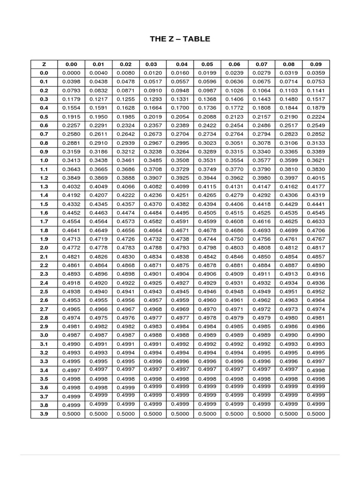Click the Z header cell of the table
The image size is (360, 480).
tap(44, 64)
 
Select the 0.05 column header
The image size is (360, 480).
tap(207, 64)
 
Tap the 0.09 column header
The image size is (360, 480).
tap(316, 64)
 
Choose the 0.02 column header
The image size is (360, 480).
tap(126, 64)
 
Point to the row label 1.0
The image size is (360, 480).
tap(44, 160)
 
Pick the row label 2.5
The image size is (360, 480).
tap(44, 292)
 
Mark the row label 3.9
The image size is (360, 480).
tap(44, 414)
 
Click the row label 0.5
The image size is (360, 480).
tap(44, 117)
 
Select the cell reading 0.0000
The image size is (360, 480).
tap(71, 73)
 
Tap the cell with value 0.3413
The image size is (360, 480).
tap(71, 160)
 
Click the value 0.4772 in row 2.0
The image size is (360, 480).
tap(71, 247)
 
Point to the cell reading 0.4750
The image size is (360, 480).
tap(234, 239)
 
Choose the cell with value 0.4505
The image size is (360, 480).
tap(207, 213)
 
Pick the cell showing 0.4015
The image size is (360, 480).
tap(316, 178)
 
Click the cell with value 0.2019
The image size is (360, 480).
tap(153, 117)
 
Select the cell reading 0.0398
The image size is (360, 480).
tap(71, 82)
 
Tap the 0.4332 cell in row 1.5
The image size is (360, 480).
tap(71, 204)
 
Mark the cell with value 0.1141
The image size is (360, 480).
tap(316, 90)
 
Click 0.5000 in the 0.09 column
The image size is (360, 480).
tap(316, 414)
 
